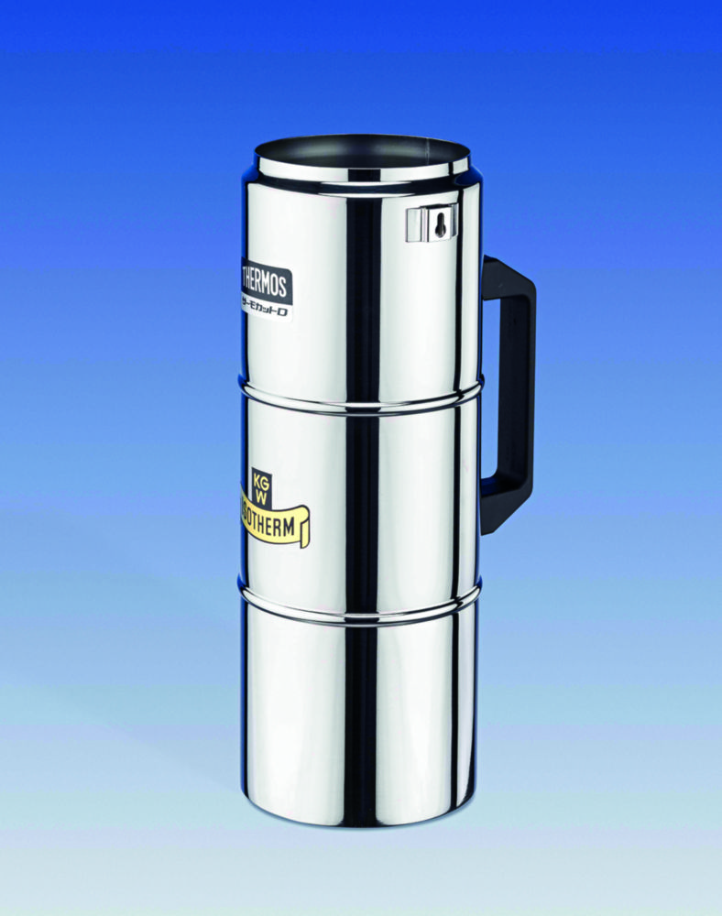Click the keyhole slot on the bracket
click(441, 224)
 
